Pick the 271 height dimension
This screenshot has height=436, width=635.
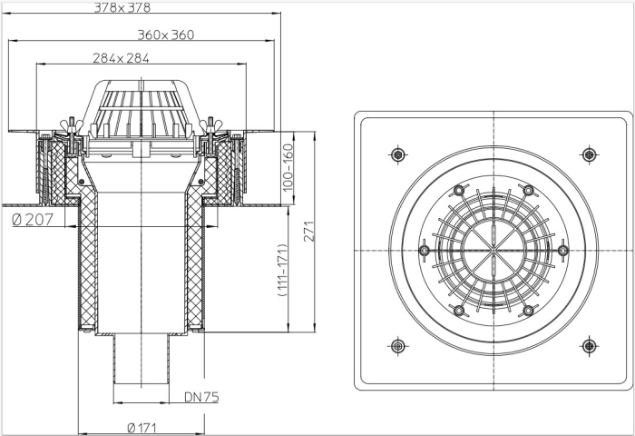[x=308, y=233]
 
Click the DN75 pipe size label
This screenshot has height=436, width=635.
[x=202, y=397]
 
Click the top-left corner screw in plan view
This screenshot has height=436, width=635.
[x=398, y=154]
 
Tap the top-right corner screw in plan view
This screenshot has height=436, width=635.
[x=589, y=154]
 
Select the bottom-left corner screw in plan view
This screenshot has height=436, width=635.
[x=398, y=345]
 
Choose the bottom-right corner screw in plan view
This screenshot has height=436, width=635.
[x=589, y=345]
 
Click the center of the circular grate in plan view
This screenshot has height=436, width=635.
[x=493, y=250]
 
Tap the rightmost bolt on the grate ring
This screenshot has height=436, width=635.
[x=563, y=250]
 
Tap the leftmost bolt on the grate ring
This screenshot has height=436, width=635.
[x=424, y=244]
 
